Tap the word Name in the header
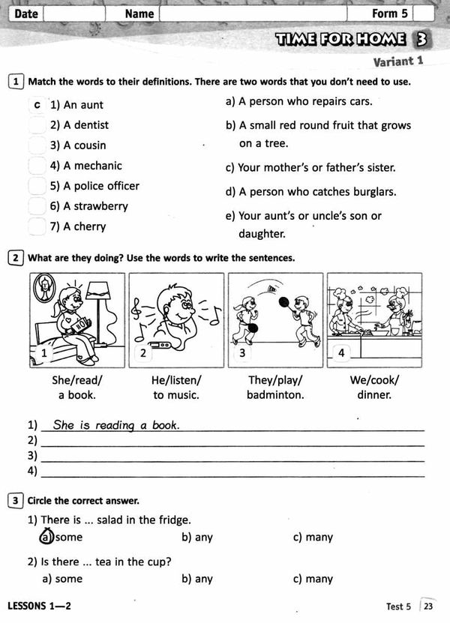tap(139, 13)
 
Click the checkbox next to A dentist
tap(37, 125)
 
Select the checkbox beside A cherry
tap(37, 226)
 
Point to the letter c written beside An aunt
tap(37, 105)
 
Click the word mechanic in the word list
tap(97, 166)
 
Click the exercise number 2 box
tap(16, 258)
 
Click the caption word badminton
tap(275, 394)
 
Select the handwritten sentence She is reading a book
tap(116, 425)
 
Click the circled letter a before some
tap(46, 537)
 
